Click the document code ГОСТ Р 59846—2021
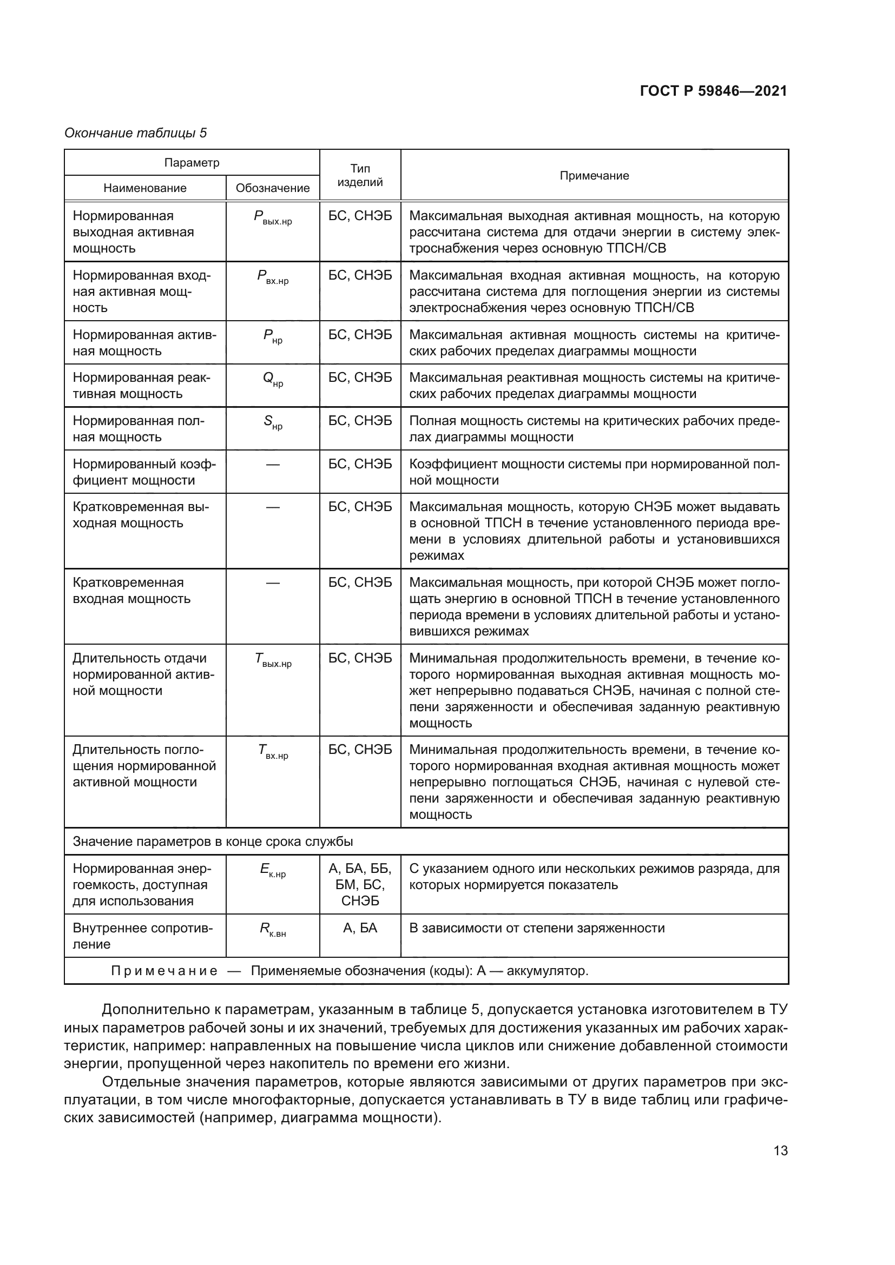713,91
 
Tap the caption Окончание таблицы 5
136,133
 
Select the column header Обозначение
272,188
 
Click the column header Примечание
594,175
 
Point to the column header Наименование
145,188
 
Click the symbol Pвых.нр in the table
272,218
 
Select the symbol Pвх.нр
272,277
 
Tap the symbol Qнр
272,380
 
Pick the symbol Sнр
272,423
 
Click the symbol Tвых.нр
272,660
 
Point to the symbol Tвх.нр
272,752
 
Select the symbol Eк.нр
272,871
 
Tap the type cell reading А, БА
360,929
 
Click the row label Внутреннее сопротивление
142,936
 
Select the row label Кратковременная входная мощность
131,591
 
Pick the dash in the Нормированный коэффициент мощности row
272,465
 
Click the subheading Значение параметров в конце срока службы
213,842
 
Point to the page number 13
780,1150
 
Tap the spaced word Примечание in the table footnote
163,971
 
